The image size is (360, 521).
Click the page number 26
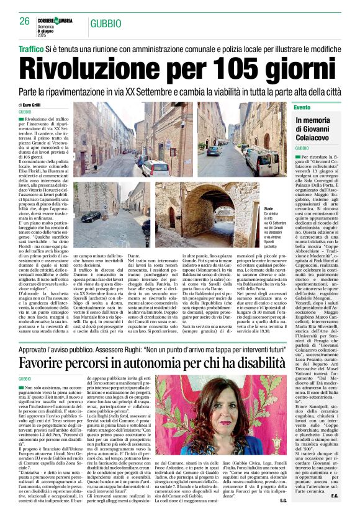(x=24, y=21)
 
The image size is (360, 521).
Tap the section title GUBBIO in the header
(x=103, y=24)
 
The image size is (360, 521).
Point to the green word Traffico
(x=31, y=48)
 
